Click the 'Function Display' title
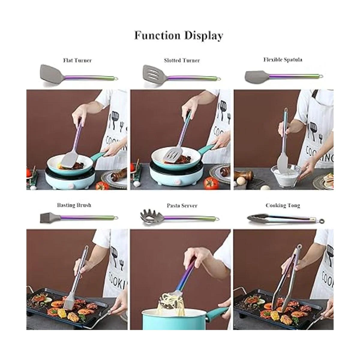(x=179, y=35)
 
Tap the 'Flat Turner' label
(x=77, y=60)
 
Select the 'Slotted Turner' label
(x=182, y=60)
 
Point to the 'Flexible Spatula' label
(x=283, y=60)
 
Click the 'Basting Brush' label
(x=74, y=205)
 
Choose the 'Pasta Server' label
(x=182, y=205)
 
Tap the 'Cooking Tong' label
(x=283, y=205)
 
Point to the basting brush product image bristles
(x=46, y=217)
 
